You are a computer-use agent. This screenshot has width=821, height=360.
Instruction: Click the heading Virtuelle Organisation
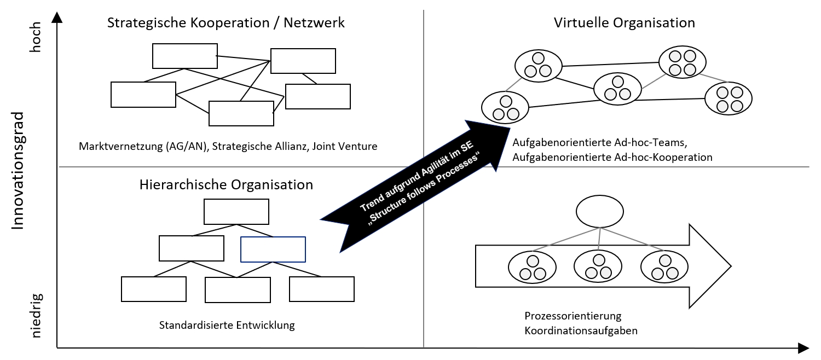[624, 23]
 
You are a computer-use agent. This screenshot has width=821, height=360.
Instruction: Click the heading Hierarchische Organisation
[226, 184]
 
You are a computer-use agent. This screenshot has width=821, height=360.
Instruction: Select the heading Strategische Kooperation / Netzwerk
[226, 23]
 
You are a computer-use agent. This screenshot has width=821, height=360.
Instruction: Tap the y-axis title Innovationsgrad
[18, 170]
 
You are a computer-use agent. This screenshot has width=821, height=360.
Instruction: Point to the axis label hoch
[36, 38]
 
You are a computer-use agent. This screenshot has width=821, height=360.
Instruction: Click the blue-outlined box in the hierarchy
[273, 249]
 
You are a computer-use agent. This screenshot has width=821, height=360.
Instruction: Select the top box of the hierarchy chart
[236, 212]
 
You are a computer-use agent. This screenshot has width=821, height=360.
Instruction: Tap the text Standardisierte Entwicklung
[227, 325]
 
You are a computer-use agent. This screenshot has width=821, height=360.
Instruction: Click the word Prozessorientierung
[573, 316]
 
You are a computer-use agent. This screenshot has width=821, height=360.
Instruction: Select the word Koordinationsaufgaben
[581, 330]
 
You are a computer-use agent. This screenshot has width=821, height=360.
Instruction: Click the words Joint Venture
[345, 147]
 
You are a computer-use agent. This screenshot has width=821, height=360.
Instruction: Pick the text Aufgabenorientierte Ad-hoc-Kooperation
[612, 157]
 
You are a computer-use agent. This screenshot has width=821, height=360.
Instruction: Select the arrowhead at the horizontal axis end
[803, 348]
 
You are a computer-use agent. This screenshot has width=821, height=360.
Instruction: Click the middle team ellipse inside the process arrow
[598, 266]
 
